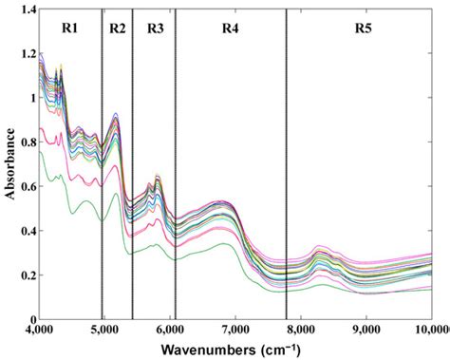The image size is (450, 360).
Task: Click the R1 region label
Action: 69,28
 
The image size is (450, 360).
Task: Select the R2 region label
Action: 118,28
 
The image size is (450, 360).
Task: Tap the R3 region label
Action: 156,28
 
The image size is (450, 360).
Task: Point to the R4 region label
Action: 230,28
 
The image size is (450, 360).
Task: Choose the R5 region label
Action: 364,28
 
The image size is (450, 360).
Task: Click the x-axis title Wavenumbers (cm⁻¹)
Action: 231,350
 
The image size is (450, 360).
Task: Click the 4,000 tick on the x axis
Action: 39,331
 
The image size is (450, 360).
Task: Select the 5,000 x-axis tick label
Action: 104,331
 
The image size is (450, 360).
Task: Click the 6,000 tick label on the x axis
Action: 170,331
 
